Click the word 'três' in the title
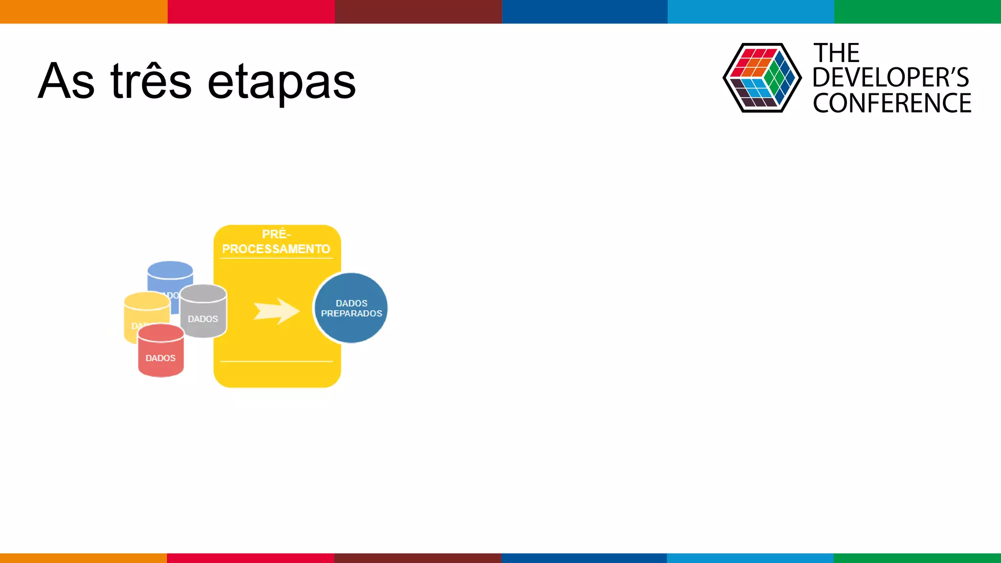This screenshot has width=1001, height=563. [151, 81]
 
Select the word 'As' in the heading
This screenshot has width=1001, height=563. [66, 81]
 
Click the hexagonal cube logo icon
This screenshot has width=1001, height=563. [762, 78]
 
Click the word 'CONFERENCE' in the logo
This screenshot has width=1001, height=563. [892, 103]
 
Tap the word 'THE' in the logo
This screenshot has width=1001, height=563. [836, 53]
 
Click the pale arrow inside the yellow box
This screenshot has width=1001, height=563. [276, 311]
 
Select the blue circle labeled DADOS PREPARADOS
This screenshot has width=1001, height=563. [351, 308]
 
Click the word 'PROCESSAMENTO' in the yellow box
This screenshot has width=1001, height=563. [276, 249]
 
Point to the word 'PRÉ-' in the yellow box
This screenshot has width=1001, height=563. [276, 234]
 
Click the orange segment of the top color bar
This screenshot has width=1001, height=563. [83, 11]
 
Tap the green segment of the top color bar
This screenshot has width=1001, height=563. [917, 11]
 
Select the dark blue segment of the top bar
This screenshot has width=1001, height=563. [585, 11]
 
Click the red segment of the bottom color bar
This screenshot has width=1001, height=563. [250, 558]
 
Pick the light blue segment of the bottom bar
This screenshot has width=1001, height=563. [750, 558]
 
